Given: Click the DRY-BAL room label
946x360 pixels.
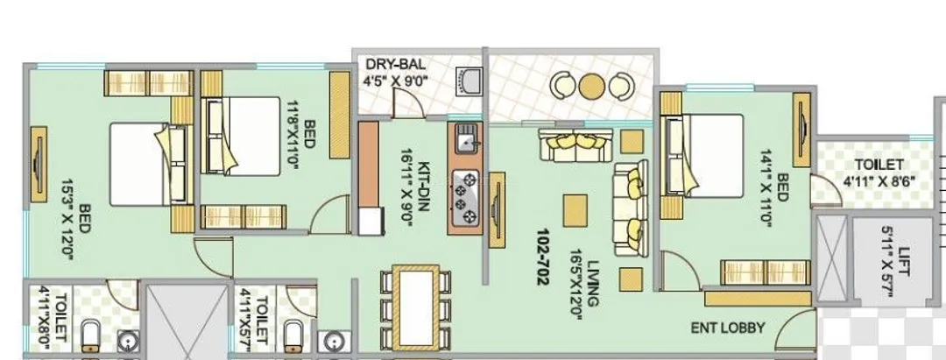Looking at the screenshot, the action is pos(395,64).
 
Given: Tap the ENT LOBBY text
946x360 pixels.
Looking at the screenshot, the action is pos(728,328).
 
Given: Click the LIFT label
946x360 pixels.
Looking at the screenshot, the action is pos(902,262).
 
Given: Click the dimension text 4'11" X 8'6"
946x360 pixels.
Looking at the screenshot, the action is pos(879,181).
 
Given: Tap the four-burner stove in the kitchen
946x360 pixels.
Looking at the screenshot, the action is pos(465,197).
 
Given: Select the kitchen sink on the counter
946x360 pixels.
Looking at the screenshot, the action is pos(466,138).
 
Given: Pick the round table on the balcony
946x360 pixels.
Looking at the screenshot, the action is pos(591,86).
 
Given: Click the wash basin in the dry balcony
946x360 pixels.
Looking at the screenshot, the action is pos(469,82).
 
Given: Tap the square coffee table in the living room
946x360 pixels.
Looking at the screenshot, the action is pos(575,210).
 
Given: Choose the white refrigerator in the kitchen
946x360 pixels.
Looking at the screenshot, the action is pos(370,221).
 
